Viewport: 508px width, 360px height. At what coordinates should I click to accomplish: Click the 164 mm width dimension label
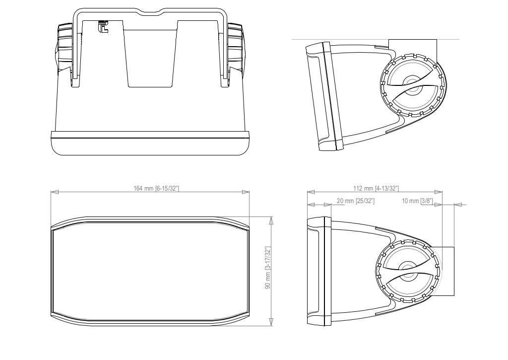coord(156,188)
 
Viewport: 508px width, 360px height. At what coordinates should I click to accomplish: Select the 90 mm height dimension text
coord(267,268)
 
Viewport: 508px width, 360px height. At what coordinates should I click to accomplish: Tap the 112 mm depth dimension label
coord(376,188)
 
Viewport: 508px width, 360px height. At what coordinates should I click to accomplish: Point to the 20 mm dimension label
coord(355,201)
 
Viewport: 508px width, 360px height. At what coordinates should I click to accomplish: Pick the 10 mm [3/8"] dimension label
coord(417,201)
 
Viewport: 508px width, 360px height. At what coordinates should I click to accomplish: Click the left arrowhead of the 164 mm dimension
coord(55,192)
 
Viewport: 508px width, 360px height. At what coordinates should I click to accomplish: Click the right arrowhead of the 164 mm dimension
coord(246,192)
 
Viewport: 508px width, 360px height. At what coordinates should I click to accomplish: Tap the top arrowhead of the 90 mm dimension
coord(271,220)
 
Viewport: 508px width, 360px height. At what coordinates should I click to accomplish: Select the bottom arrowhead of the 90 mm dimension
coord(271,322)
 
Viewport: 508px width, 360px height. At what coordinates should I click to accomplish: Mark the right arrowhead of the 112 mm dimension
coord(439,192)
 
